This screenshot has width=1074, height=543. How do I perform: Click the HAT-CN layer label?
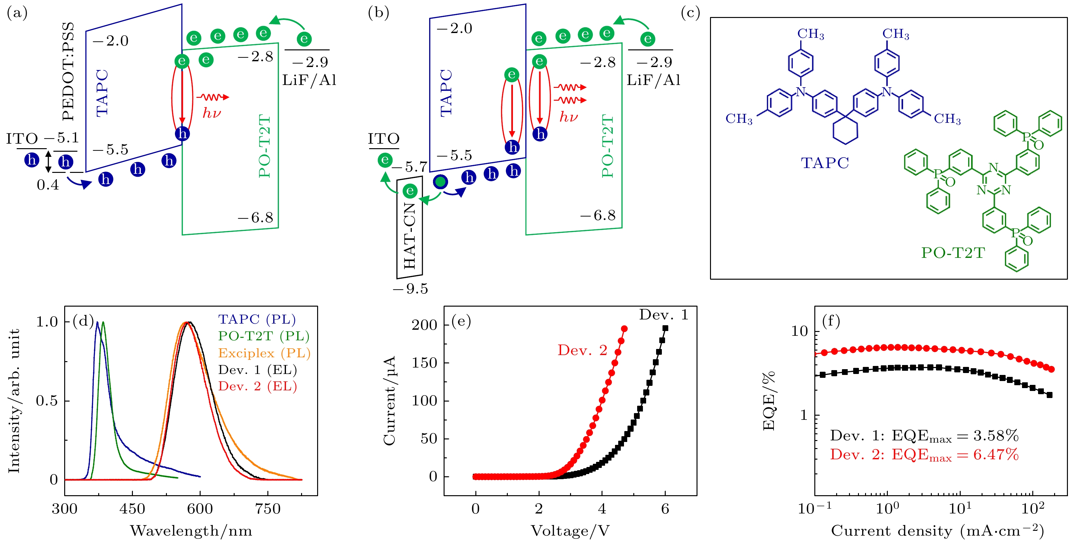[410, 236]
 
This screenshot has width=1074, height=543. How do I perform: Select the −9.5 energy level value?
[411, 289]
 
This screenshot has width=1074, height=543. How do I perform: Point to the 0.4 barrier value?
[48, 185]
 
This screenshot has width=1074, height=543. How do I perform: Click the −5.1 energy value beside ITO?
[61, 138]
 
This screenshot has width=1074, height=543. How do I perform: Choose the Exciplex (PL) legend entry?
[264, 353]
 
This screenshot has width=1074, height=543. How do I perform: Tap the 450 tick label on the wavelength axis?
[132, 509]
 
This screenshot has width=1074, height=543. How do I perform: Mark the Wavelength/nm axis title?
[191, 531]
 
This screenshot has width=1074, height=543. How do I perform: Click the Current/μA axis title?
[389, 401]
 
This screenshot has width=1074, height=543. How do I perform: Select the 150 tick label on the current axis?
[424, 362]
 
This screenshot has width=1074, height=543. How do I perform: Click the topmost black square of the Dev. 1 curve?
[665, 328]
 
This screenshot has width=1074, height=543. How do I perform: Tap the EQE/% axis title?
[768, 401]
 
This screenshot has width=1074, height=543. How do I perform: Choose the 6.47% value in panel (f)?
[996, 454]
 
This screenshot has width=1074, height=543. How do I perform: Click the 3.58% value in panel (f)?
[996, 436]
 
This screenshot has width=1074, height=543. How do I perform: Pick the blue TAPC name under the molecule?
[825, 163]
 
